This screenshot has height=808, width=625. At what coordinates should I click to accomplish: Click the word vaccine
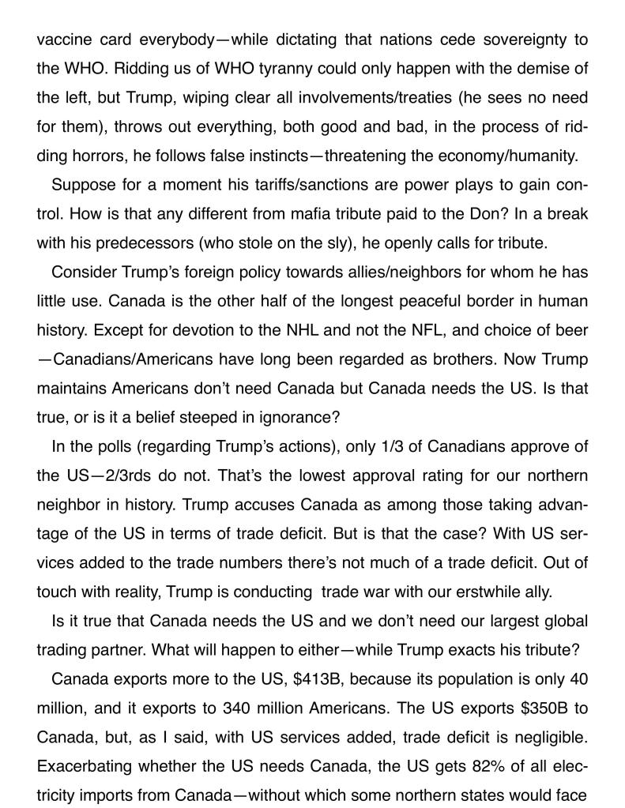[63, 40]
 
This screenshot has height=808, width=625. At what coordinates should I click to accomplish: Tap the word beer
[572, 330]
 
